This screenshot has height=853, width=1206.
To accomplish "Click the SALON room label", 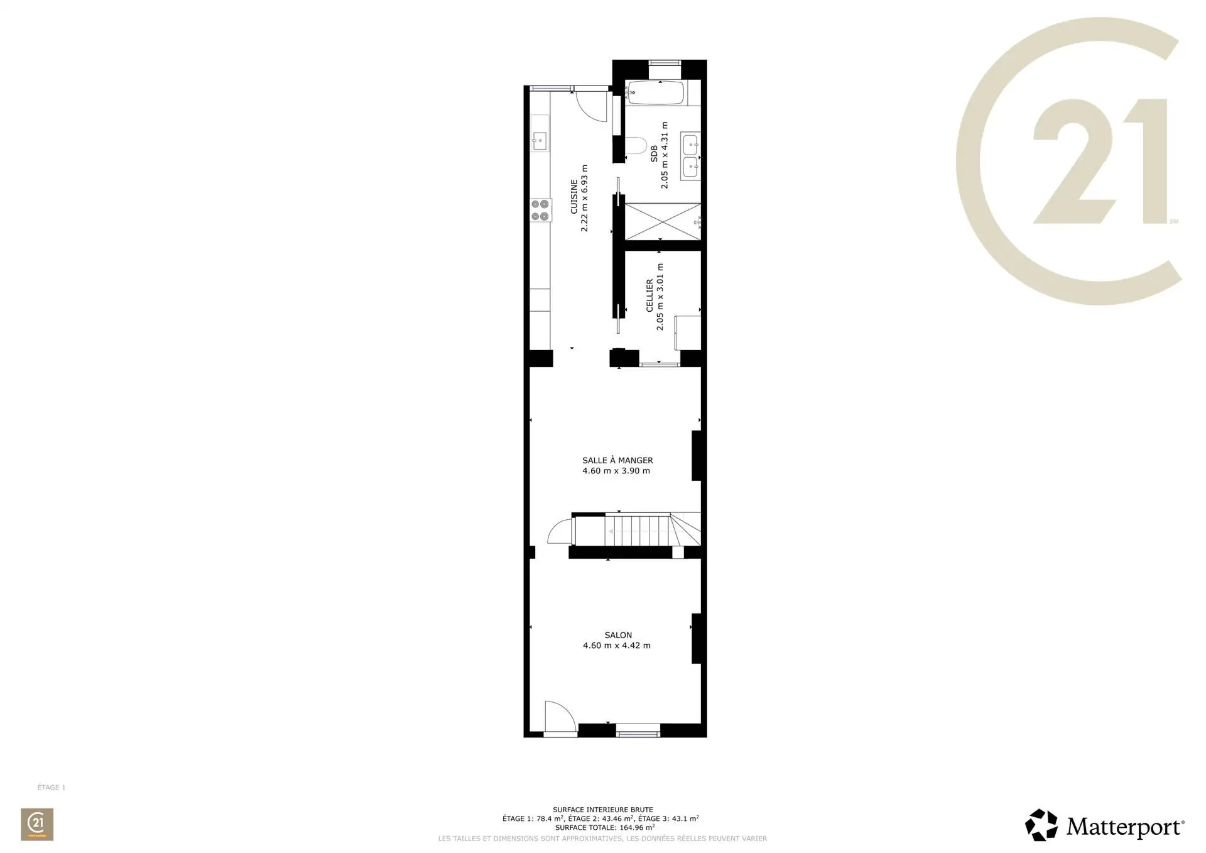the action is click(618, 636).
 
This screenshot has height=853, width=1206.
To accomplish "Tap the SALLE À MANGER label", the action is click(617, 460).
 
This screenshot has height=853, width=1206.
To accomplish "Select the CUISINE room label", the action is click(574, 197).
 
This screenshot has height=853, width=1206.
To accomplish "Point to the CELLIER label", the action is click(649, 296).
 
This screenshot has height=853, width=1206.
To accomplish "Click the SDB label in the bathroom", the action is click(654, 155).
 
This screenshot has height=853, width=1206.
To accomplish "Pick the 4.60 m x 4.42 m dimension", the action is click(617, 646).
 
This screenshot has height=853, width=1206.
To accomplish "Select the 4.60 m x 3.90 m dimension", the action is click(616, 471).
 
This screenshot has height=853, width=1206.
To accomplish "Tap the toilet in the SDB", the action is click(636, 146).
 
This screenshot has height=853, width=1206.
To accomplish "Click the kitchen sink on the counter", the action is click(100, 141).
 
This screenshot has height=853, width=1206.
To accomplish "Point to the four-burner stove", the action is click(101, 210).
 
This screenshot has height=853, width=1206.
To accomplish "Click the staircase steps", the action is click(638, 531).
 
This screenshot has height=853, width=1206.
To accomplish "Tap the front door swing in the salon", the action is click(559, 717).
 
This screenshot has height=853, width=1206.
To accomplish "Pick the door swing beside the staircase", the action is click(560, 531).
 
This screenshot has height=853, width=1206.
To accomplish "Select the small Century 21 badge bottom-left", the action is click(37, 824).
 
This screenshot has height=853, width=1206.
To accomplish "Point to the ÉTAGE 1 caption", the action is click(52, 787).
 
